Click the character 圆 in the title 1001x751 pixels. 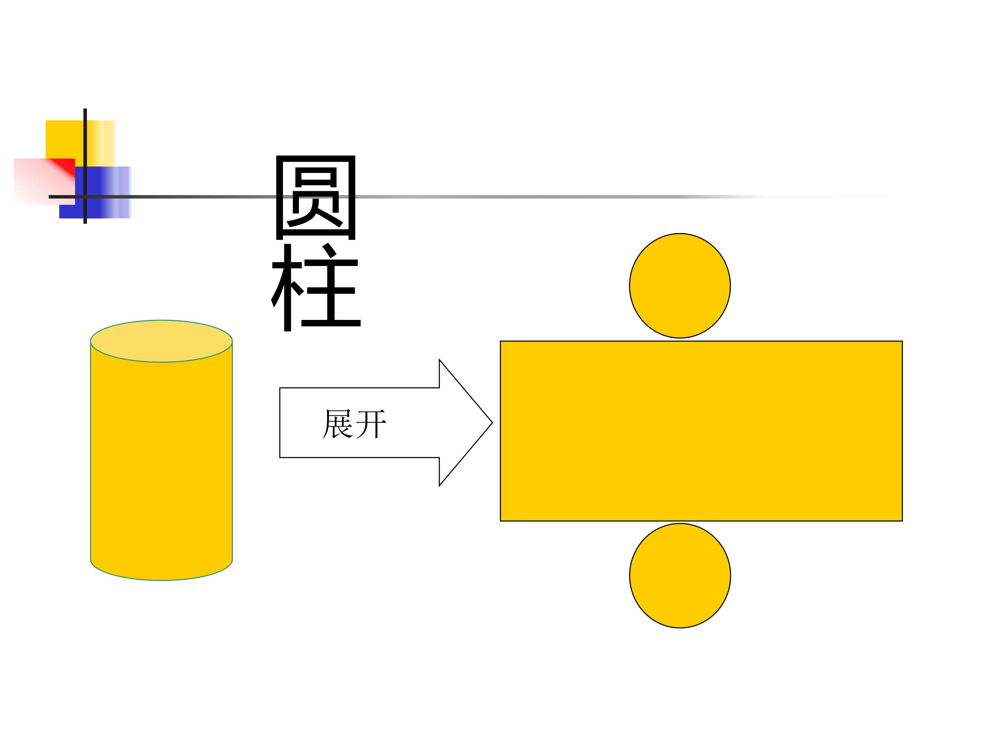[315, 197]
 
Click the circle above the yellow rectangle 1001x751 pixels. [680, 286]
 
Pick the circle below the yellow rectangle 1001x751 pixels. [680, 575]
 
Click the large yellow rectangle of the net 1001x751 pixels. [701, 431]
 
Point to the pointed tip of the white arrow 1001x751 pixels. [493, 423]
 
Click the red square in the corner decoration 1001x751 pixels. [44, 181]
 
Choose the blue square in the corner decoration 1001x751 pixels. [95, 192]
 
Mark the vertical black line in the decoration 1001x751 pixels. [85, 166]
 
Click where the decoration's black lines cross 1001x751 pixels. [85, 197]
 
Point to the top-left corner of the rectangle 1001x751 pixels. [500, 341]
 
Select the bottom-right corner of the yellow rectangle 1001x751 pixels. [902, 521]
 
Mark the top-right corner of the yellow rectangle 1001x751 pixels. [902, 341]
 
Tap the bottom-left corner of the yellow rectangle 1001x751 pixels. [500, 521]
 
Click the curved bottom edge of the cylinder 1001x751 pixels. [161, 580]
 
